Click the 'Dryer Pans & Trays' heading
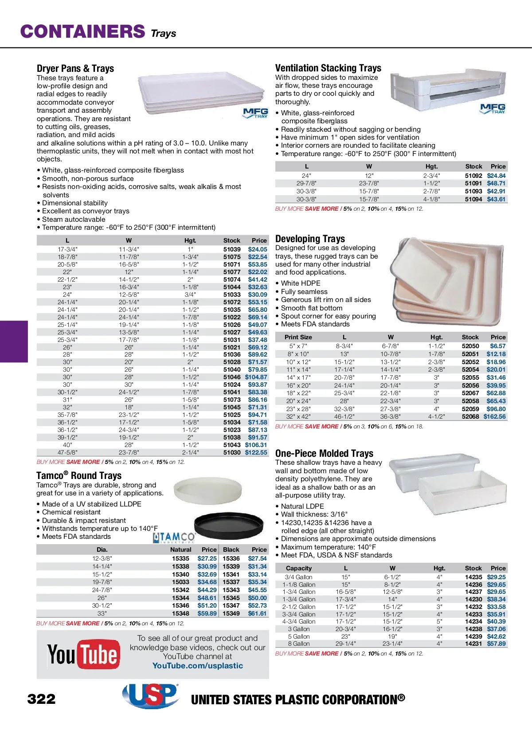(75, 68)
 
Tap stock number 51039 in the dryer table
(232, 249)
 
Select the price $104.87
(256, 377)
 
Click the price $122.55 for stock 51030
(256, 452)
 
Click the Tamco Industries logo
(174, 538)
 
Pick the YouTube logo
(83, 654)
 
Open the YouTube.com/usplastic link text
(198, 666)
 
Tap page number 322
(41, 699)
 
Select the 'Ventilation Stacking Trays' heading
(328, 68)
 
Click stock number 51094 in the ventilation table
(473, 199)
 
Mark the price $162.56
(494, 416)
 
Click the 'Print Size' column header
(298, 337)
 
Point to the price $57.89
(496, 644)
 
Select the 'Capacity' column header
(299, 568)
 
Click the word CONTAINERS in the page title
(83, 31)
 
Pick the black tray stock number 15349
(231, 613)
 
